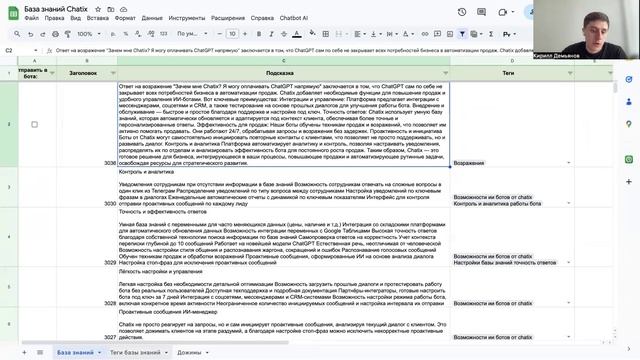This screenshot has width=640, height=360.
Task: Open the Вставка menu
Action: tap(98, 18)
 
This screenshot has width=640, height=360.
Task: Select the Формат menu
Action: tap(126, 18)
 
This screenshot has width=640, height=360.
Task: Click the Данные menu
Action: tap(154, 18)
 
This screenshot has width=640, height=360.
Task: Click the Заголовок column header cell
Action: tap(83, 73)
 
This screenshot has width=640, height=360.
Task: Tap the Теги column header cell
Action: tap(507, 73)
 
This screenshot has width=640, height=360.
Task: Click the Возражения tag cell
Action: tap(473, 161)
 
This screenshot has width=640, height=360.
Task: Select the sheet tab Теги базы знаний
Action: tap(134, 353)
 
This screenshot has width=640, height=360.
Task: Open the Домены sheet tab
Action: tap(189, 353)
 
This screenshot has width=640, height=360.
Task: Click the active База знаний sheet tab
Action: tap(75, 353)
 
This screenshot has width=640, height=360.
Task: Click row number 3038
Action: tap(109, 161)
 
